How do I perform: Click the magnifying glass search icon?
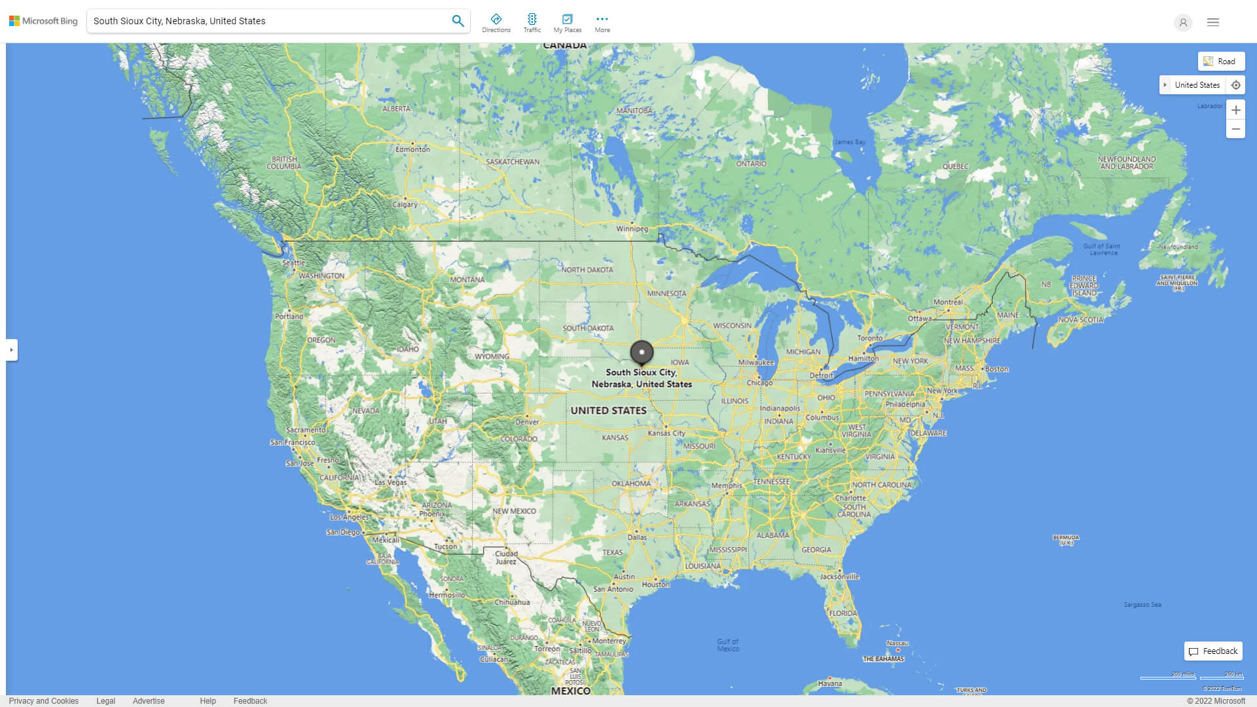click(x=458, y=21)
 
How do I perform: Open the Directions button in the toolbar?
click(x=496, y=23)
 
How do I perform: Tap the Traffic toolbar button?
click(x=532, y=23)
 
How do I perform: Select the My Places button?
click(x=567, y=23)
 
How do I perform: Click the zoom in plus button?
click(x=1235, y=110)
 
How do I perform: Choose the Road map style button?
click(x=1221, y=62)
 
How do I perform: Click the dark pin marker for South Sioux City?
click(x=642, y=353)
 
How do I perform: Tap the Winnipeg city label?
click(x=632, y=229)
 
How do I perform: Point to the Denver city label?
click(x=527, y=422)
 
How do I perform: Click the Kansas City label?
click(x=666, y=433)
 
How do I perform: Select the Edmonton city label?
click(x=412, y=149)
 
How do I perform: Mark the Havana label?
click(x=829, y=683)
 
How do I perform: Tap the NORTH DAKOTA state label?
click(x=587, y=270)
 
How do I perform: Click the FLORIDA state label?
click(x=843, y=613)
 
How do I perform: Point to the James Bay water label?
click(x=850, y=142)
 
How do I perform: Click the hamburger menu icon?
click(x=1213, y=22)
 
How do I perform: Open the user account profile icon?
click(x=1183, y=22)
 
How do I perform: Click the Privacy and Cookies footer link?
click(x=44, y=701)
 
